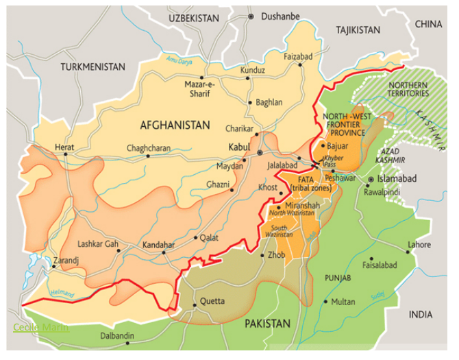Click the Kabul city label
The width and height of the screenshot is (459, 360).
click(240, 147)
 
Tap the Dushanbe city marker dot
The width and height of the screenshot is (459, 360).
click(251, 16)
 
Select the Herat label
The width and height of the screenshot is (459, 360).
click(64, 146)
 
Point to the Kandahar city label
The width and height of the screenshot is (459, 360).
click(158, 244)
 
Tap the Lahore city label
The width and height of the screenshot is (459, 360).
click(419, 245)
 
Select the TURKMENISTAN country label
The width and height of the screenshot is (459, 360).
click(92, 67)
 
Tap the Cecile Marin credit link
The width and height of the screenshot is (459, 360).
click(41, 327)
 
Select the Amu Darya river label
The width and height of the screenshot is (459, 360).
click(180, 60)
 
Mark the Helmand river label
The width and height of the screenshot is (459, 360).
click(64, 293)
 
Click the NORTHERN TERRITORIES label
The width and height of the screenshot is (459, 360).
click(408, 88)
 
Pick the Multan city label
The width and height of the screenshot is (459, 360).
click(343, 302)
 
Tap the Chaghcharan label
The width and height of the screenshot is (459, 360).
click(148, 148)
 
